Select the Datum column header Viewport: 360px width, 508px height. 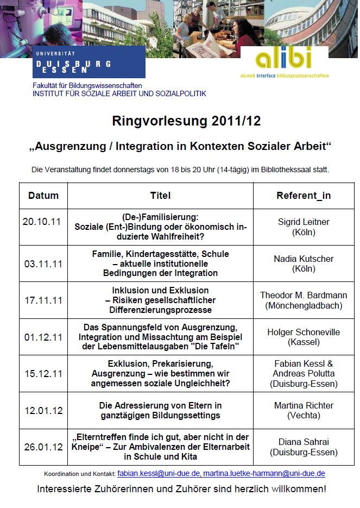[x=43, y=196]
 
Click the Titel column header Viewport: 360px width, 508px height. [x=160, y=196]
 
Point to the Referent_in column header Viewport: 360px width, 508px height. [x=304, y=196]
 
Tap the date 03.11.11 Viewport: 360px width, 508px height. [x=43, y=264]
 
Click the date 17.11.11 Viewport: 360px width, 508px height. [x=43, y=300]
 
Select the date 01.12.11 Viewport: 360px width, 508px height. [x=43, y=337]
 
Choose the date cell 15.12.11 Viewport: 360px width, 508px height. [x=43, y=374]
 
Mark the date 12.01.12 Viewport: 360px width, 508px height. [x=43, y=410]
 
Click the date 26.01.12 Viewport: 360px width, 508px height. [x=43, y=447]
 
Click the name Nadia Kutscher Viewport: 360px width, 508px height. [x=304, y=259]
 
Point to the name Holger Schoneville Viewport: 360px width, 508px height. [x=304, y=332]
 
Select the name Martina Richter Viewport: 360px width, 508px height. [x=304, y=405]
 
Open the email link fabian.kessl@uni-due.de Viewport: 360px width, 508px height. [x=151, y=474]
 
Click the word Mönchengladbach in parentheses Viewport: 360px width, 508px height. [x=304, y=305]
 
